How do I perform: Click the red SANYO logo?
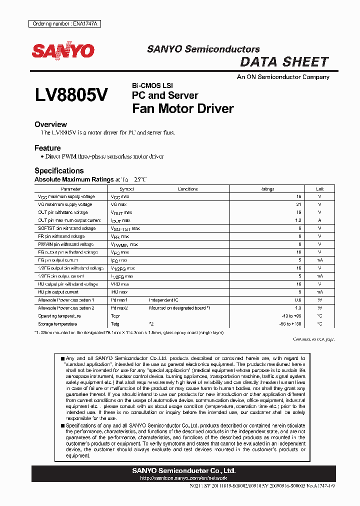pyautogui.click(x=63, y=51)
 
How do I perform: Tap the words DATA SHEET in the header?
pyautogui.click(x=284, y=62)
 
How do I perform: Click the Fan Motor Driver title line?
pyautogui.click(x=182, y=108)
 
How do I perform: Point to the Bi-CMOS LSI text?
pyautogui.click(x=152, y=85)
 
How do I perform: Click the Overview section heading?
pyautogui.click(x=50, y=124)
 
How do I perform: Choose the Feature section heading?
pyautogui.click(x=47, y=148)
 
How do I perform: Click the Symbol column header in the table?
pyautogui.click(x=127, y=189)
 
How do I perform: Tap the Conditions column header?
pyautogui.click(x=187, y=189)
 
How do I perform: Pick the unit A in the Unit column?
pyautogui.click(x=319, y=220)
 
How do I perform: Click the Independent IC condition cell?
pyautogui.click(x=164, y=300)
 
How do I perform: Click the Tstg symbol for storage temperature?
pyautogui.click(x=115, y=324)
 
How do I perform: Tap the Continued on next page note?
pyautogui.click(x=313, y=339)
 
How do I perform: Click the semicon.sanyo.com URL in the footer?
pyautogui.click(x=183, y=478)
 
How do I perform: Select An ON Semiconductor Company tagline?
pyautogui.click(x=283, y=77)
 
